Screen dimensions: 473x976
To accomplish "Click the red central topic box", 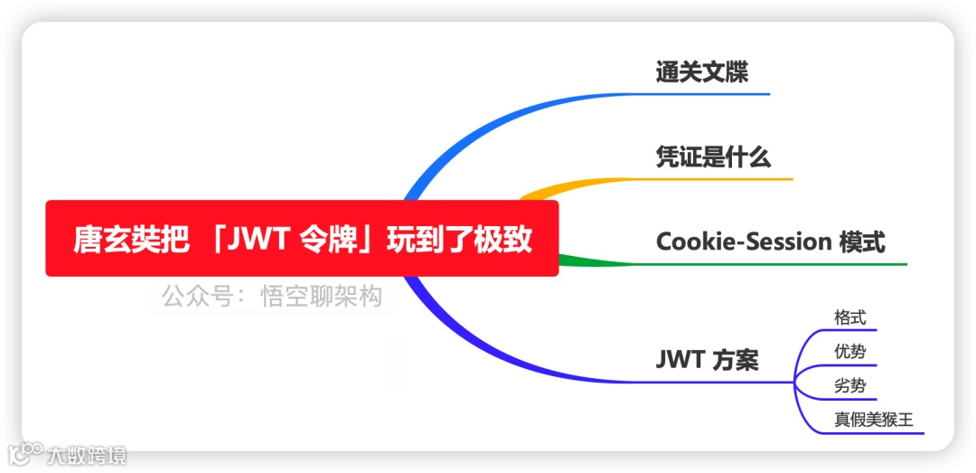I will (302, 239).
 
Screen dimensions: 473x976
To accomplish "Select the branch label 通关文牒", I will (701, 72).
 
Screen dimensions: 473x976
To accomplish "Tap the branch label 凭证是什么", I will (713, 157).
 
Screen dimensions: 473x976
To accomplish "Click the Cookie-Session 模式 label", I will (770, 241).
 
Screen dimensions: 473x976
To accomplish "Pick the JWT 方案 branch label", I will (707, 360).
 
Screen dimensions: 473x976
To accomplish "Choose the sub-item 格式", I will (849, 317).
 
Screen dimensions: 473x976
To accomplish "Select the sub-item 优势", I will (849, 352).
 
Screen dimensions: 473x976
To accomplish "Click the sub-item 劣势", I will (849, 386).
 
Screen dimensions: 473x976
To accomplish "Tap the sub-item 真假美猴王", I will (874, 421).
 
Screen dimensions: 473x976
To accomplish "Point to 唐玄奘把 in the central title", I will (132, 240).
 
